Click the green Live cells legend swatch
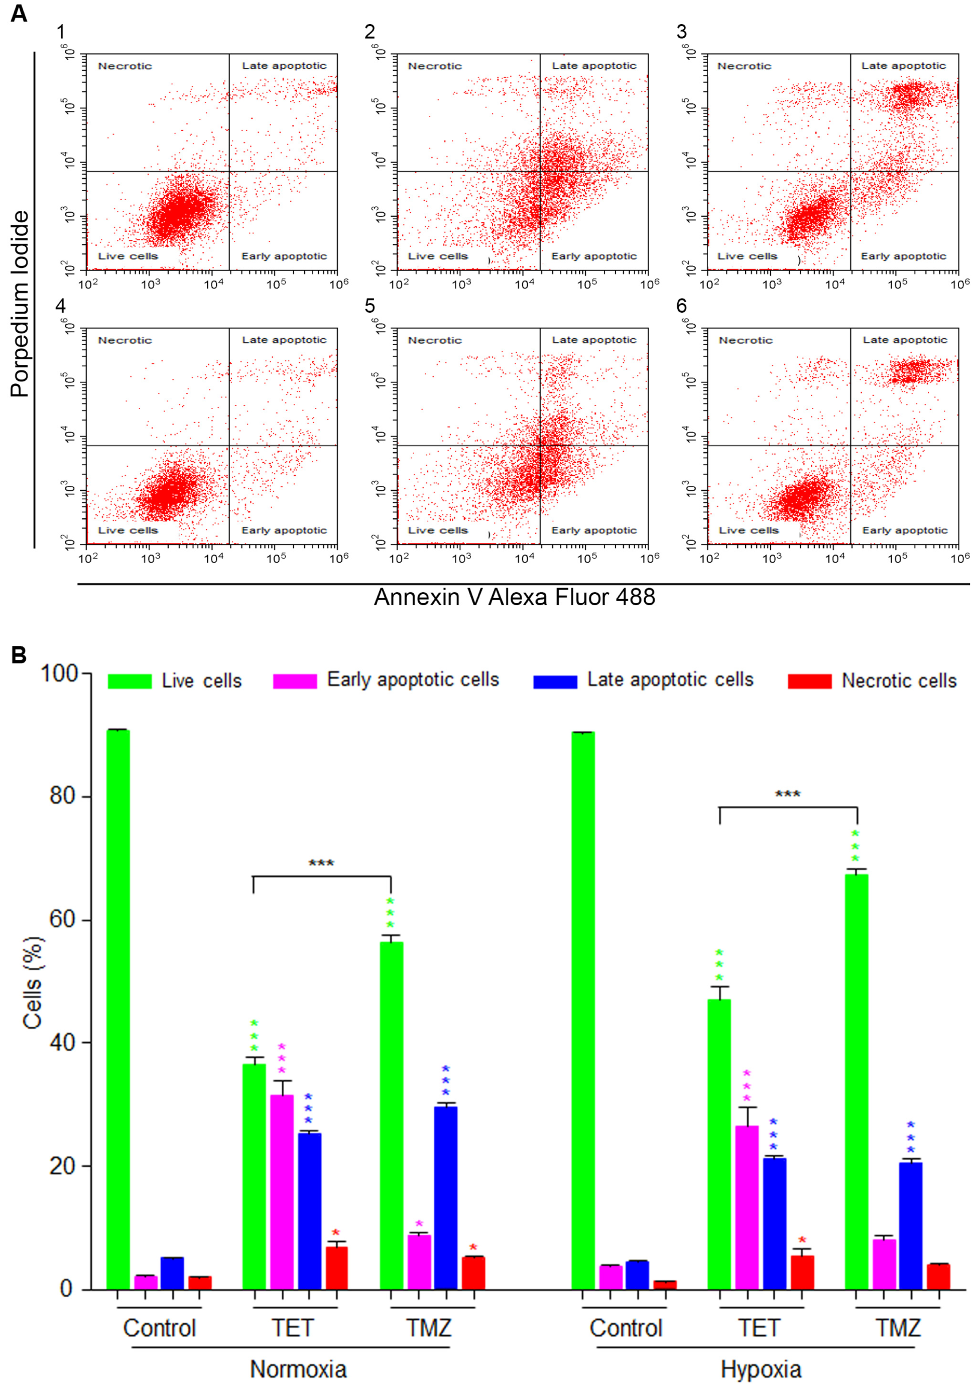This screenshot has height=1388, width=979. coord(130,681)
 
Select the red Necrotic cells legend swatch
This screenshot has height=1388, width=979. coord(810,681)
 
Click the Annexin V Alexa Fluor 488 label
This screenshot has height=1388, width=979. coord(515,597)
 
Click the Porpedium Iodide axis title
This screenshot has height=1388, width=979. coord(20,304)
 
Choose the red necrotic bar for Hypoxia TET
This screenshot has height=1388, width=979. coord(802,1273)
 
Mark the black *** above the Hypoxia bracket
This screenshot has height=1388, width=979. coord(788,794)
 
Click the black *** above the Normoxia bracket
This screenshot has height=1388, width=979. coord(321,863)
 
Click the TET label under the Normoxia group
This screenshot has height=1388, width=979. coord(293,1328)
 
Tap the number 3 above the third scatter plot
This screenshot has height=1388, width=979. coord(681,32)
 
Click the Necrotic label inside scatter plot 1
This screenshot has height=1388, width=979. coord(125,66)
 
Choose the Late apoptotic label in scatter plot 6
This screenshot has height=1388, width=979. coord(905,340)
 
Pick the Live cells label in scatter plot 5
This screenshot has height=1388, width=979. coord(438,530)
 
